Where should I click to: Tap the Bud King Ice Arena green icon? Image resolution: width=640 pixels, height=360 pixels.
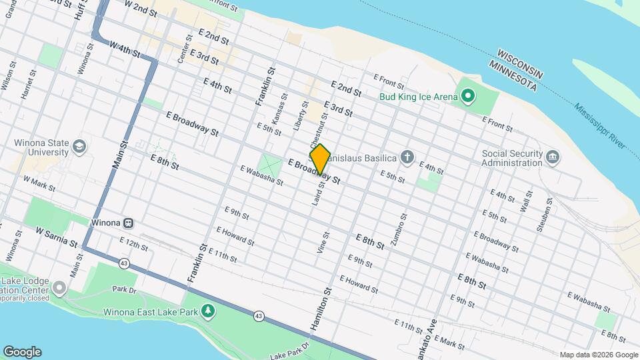coord(468,97)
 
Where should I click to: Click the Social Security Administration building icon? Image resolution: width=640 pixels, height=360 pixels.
coord(553,157)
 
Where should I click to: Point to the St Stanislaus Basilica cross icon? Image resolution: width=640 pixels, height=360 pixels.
coord(407,158)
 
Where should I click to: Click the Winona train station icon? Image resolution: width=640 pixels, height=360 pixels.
coord(128,223)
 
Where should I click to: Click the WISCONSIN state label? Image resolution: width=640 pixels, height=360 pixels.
coord(521,58)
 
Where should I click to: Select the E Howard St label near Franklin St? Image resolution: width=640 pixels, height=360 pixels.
coord(235,235)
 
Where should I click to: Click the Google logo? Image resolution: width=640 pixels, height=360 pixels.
coord(21,351)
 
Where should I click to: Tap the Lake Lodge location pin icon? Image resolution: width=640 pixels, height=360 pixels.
coord(59,289)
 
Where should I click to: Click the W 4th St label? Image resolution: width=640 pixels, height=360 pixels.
coord(125,49)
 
